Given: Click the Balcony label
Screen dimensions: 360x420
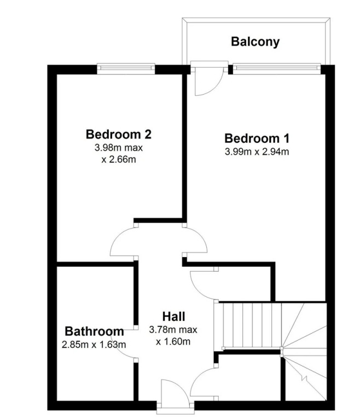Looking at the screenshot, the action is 255,42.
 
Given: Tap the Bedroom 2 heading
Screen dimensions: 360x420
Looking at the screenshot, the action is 119,134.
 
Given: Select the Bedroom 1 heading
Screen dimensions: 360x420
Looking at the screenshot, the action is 257,138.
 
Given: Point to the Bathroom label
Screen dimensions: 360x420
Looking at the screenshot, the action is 94,331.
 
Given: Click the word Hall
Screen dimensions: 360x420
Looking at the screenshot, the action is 173,316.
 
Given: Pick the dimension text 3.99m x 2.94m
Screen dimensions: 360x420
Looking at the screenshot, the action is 257,152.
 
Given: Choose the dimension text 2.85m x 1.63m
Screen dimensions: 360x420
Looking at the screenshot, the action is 94,345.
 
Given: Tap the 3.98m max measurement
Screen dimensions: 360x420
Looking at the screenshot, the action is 119,148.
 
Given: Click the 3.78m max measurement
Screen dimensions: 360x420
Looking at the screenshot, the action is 173,329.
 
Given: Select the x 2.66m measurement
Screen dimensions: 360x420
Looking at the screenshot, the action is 119,159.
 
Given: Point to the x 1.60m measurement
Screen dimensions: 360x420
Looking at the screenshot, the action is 173,341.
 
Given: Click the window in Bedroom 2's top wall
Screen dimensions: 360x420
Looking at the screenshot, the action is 126,68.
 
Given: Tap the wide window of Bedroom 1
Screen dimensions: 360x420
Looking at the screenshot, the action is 277,68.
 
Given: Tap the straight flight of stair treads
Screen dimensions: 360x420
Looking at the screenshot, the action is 252,326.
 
